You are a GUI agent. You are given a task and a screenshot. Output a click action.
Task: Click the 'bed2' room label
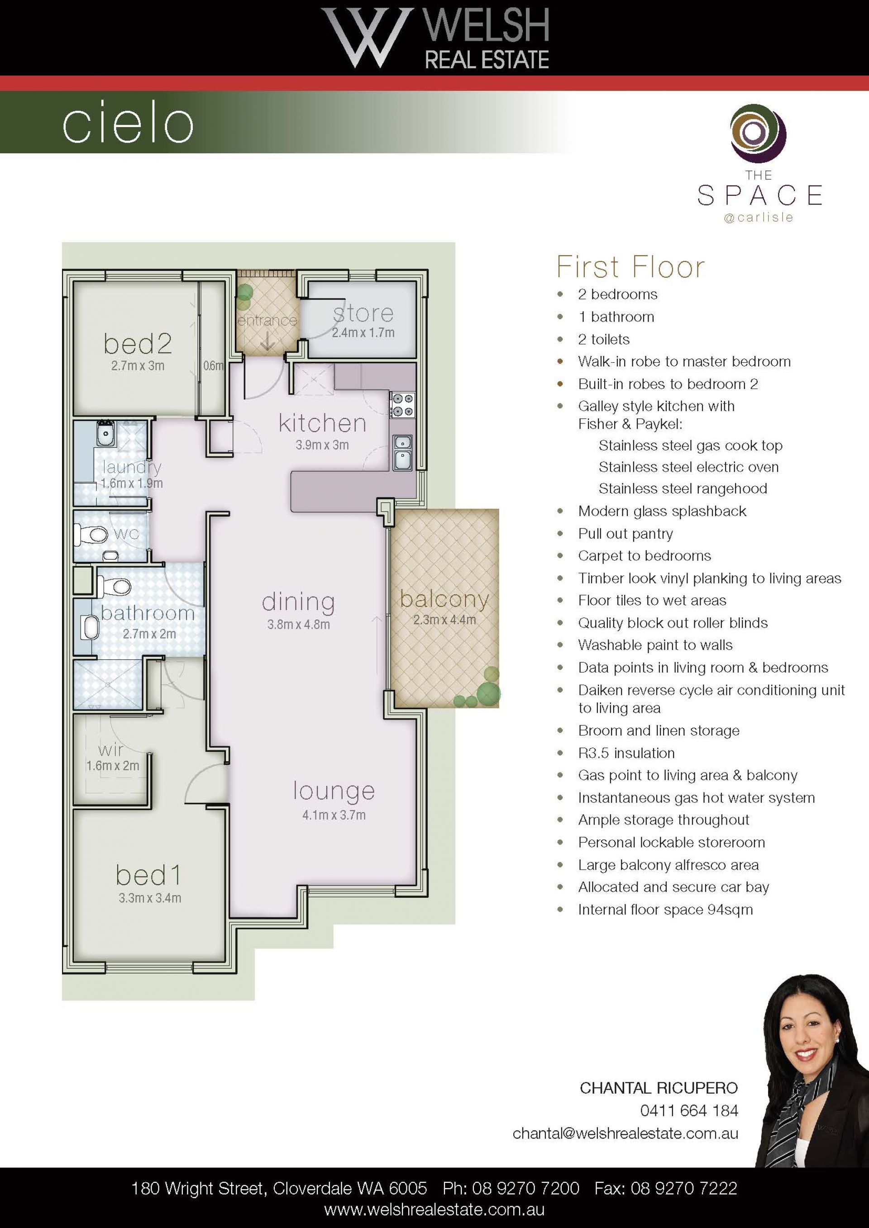(x=138, y=343)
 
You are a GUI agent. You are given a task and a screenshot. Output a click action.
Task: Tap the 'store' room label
(x=363, y=313)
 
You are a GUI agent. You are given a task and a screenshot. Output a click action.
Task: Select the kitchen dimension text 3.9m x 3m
(x=322, y=445)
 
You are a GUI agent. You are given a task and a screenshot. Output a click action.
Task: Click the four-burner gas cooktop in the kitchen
(x=402, y=404)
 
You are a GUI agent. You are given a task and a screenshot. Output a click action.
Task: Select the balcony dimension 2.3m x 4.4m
(x=444, y=620)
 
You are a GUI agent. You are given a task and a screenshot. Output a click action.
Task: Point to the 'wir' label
(x=111, y=749)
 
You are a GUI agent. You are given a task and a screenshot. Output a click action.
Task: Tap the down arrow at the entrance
(x=267, y=341)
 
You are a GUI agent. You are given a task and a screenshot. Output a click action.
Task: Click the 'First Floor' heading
(x=631, y=267)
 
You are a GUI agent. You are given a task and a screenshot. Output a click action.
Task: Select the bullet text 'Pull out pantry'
(x=625, y=534)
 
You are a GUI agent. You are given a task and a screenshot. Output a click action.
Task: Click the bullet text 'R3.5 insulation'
(x=626, y=753)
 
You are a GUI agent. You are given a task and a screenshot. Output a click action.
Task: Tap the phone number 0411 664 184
(x=689, y=1111)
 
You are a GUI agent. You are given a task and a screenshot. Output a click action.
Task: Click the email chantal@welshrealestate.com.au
(x=625, y=1133)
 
